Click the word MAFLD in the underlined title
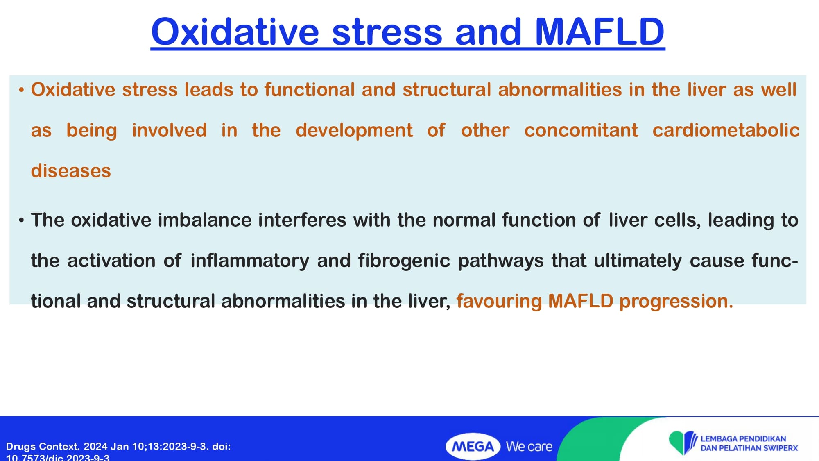[x=600, y=32]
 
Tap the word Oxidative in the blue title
[x=235, y=32]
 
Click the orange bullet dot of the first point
[x=21, y=90]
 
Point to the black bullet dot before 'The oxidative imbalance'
[x=21, y=220]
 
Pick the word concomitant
[x=581, y=130]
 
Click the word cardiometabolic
[x=726, y=130]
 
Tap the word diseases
[x=71, y=171]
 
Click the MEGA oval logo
[x=473, y=446]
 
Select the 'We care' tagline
[x=529, y=446]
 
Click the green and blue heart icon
[x=683, y=443]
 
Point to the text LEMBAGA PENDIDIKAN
[x=743, y=438]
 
